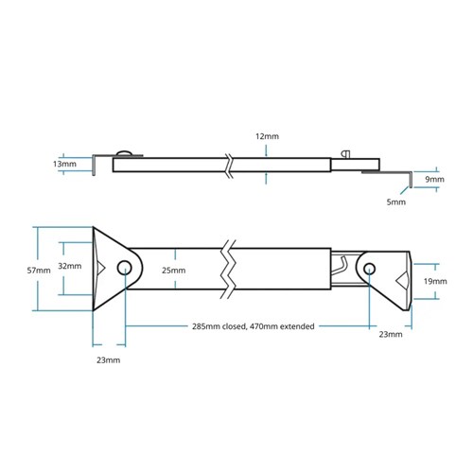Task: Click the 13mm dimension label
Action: (x=65, y=164)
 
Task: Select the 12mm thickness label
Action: (x=267, y=136)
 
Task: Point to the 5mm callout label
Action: (x=396, y=201)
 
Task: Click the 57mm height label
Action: (x=38, y=270)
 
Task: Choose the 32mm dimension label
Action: (x=70, y=267)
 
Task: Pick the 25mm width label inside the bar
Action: (x=173, y=271)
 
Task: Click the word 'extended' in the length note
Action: (x=291, y=326)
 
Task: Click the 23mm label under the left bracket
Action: (x=109, y=360)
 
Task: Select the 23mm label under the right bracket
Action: (x=390, y=334)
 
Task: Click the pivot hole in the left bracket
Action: (x=124, y=269)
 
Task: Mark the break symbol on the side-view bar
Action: (x=229, y=165)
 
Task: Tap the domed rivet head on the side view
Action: (x=124, y=153)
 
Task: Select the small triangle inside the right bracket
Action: (x=402, y=281)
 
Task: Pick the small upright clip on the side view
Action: (x=346, y=155)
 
